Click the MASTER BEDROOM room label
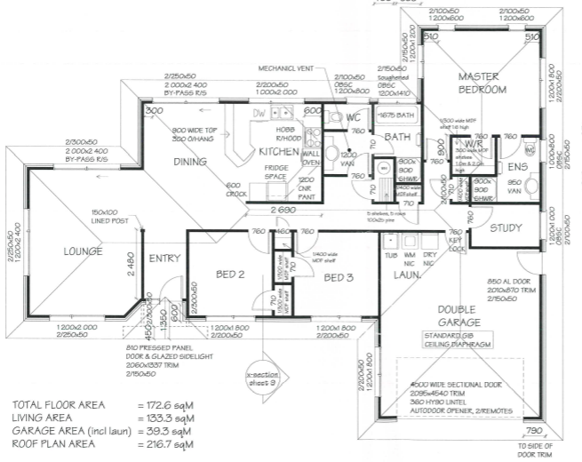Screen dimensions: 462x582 point(482,83)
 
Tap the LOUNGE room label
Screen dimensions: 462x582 point(84,251)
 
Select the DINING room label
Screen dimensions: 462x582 point(189,162)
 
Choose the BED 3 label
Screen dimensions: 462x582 point(339,277)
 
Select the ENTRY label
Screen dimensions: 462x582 point(164,259)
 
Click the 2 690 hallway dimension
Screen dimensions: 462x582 point(284,210)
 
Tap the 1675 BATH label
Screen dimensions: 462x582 point(395,115)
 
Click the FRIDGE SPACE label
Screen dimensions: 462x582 point(276,173)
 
